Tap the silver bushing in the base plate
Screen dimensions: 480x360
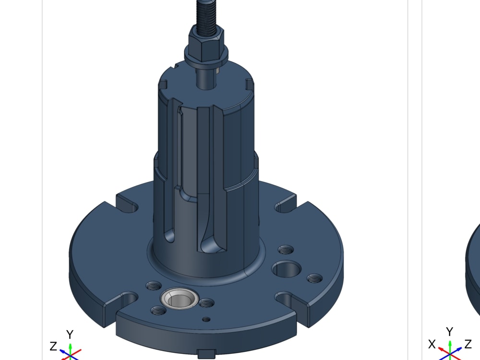tap(180, 299)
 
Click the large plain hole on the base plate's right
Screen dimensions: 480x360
tap(287, 269)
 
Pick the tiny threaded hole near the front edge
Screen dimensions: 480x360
tap(206, 319)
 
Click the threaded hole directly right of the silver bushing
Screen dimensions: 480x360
tap(206, 303)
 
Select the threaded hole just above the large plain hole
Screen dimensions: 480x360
tap(286, 250)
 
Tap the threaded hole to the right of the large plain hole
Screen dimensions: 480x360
tap(315, 278)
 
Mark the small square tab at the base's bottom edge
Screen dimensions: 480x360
tap(206, 354)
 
